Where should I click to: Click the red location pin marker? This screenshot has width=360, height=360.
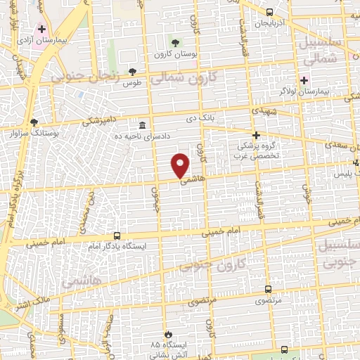click(181, 165)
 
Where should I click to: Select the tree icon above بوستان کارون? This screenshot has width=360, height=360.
click(175, 43)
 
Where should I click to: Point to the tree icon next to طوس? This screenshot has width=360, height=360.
click(132, 72)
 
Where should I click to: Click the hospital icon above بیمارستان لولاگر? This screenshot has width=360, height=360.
click(304, 79)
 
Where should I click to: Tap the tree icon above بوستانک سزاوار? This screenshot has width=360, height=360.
click(34, 122)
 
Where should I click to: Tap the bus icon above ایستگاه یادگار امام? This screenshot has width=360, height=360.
click(117, 236)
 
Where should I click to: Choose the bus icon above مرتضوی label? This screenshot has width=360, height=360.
click(268, 288)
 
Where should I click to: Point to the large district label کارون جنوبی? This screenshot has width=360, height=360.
click(211, 260)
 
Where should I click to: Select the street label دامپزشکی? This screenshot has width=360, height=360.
click(99, 120)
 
